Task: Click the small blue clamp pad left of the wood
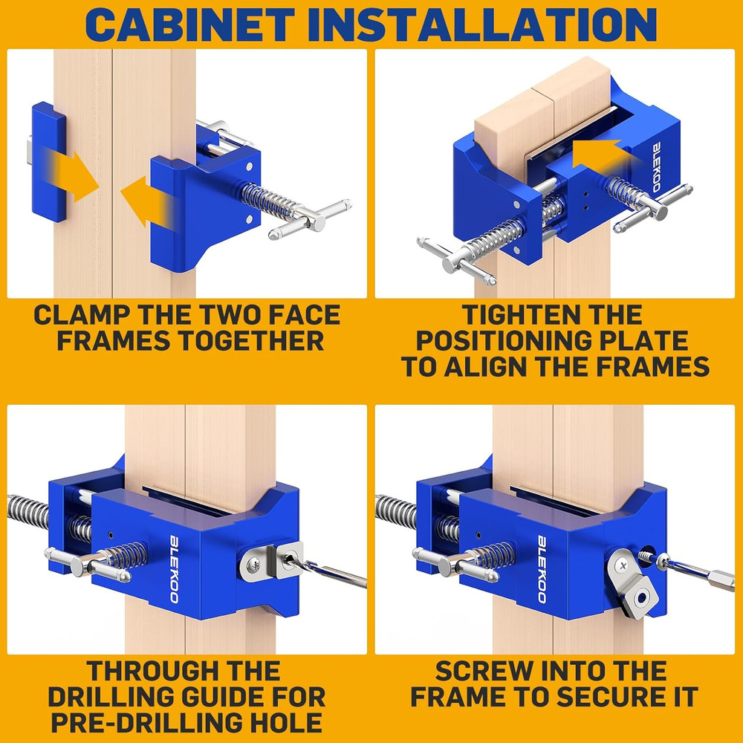point(49,162)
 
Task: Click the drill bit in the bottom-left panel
point(331,572)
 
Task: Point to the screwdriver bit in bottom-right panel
point(691,569)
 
